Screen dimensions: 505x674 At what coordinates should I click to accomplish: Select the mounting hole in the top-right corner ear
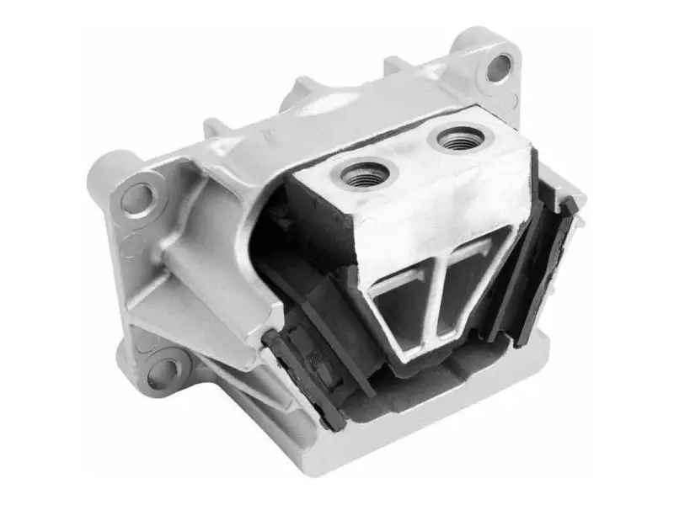point(499,66)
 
